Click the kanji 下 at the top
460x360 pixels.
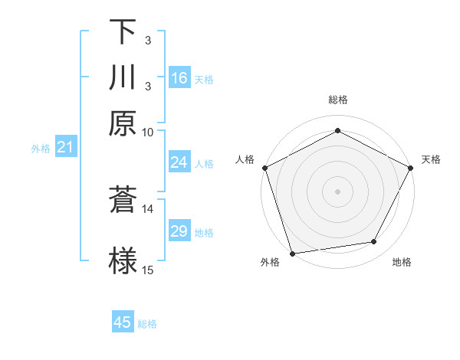click(123, 32)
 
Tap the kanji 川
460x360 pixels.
click(123, 77)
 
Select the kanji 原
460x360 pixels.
click(123, 123)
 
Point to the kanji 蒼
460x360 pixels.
click(123, 200)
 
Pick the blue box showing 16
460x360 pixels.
click(179, 78)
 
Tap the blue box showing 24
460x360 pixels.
click(179, 162)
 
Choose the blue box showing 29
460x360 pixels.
click(179, 231)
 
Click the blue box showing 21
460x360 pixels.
click(64, 148)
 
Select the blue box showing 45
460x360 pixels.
click(123, 322)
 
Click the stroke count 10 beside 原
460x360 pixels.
click(147, 131)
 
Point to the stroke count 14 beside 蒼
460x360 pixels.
click(147, 208)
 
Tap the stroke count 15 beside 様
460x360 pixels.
click(147, 270)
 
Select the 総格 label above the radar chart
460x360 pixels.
click(338, 100)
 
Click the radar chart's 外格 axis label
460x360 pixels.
click(270, 263)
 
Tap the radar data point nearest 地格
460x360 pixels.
click(374, 242)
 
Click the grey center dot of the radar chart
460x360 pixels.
click(338, 191)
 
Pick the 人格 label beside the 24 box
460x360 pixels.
click(204, 163)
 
